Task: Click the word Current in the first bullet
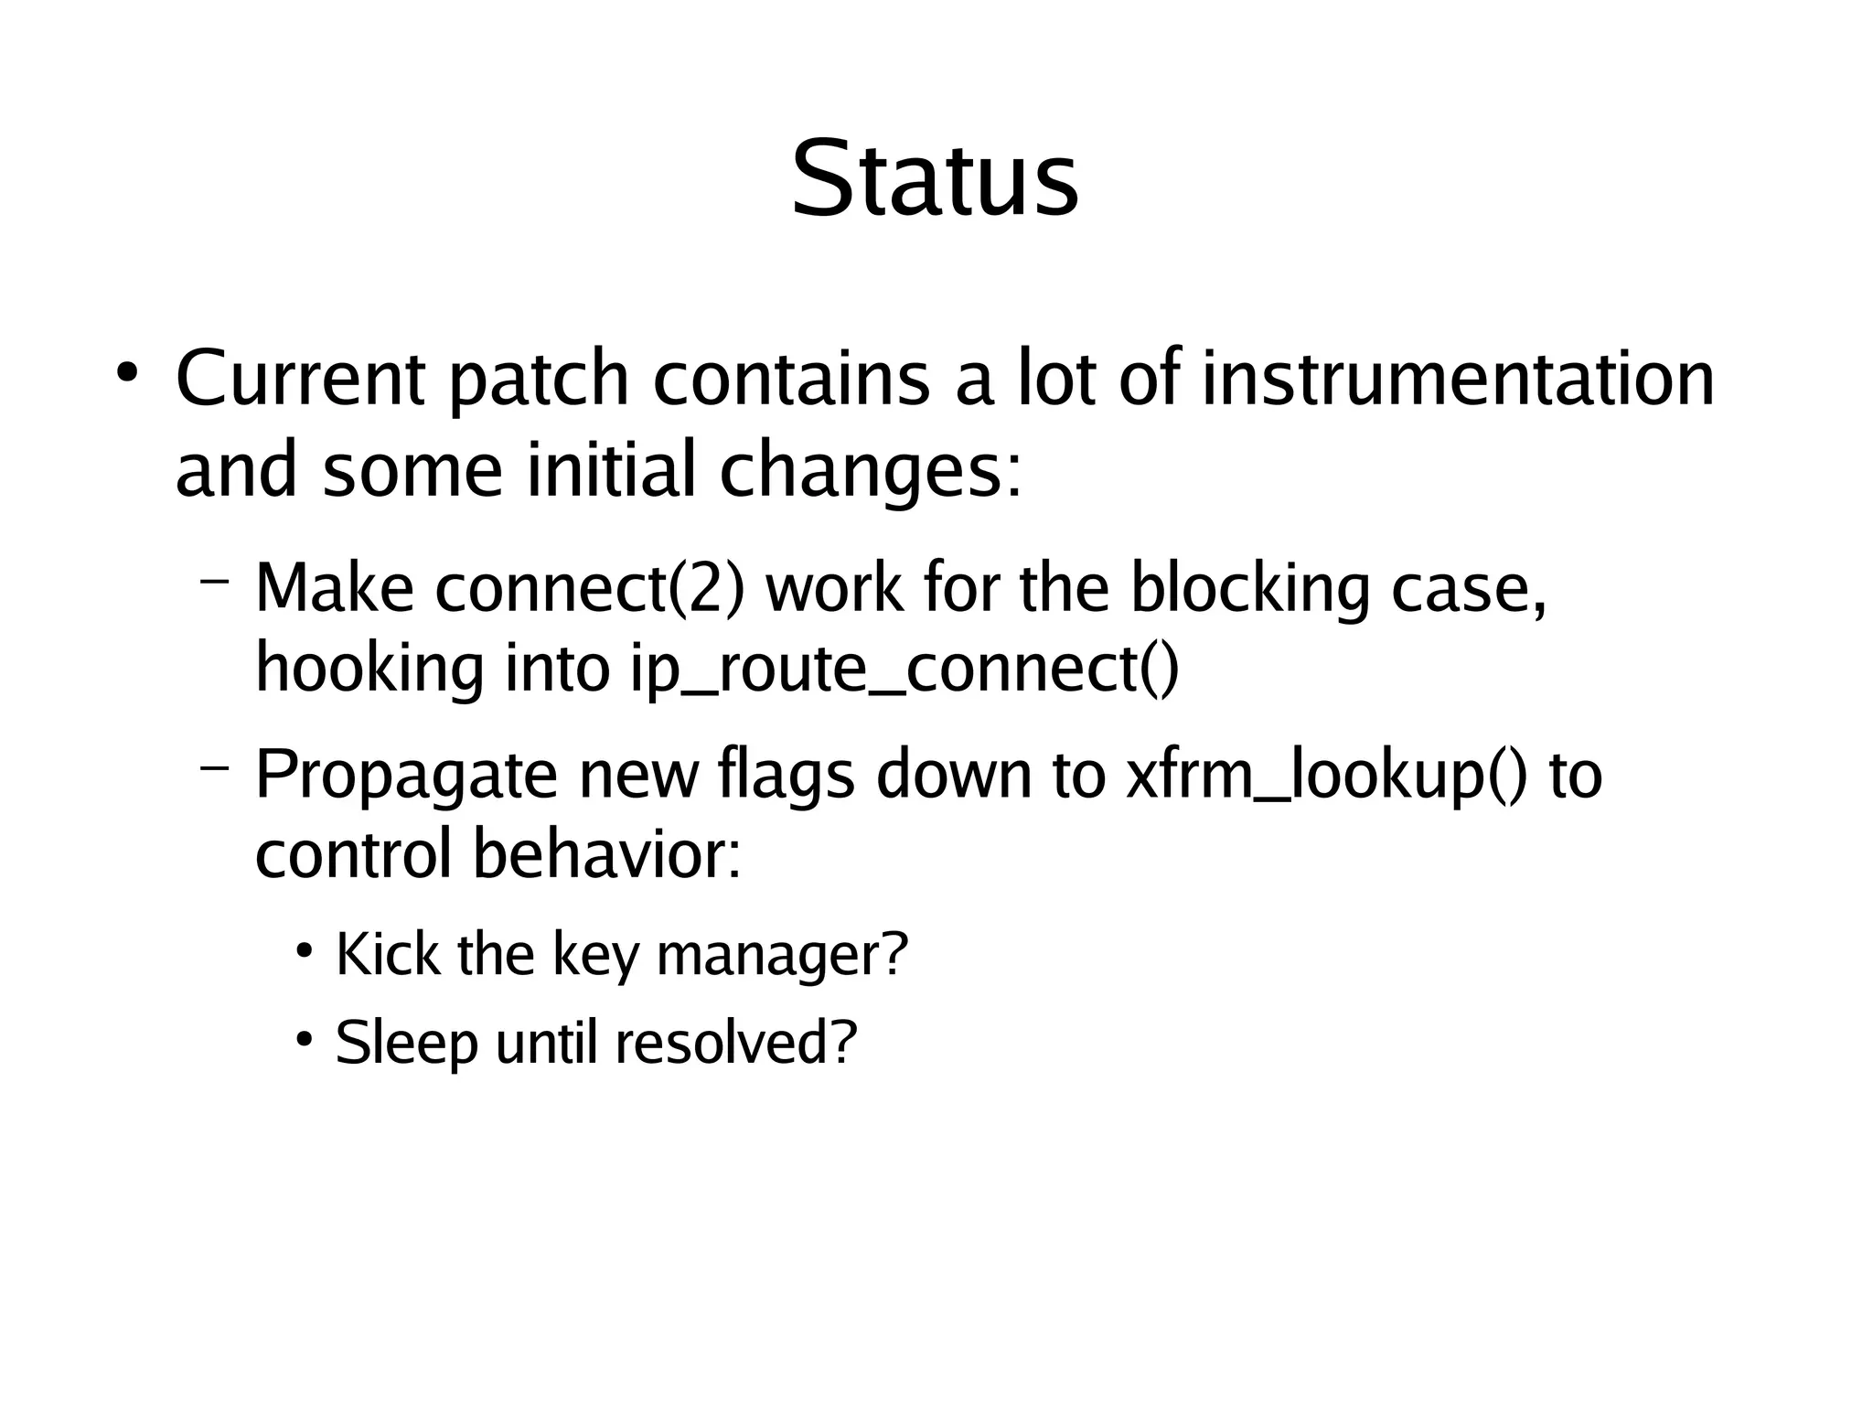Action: pyautogui.click(x=299, y=379)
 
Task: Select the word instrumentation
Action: pyautogui.click(x=1457, y=379)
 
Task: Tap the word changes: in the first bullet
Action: pyautogui.click(x=870, y=470)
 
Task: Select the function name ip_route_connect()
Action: pyautogui.click(x=904, y=670)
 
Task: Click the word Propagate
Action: pyautogui.click(x=405, y=775)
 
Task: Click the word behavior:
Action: pyautogui.click(x=606, y=854)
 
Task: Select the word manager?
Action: pyautogui.click(x=782, y=955)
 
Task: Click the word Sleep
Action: pyautogui.click(x=406, y=1042)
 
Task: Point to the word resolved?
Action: pyautogui.click(x=736, y=1042)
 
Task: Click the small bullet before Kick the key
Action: pyautogui.click(x=305, y=949)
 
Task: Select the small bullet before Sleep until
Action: pyautogui.click(x=305, y=1038)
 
